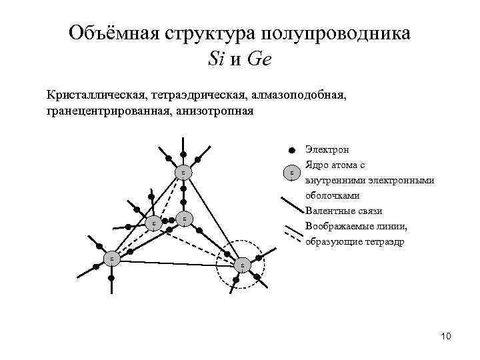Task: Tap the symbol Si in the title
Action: (x=217, y=59)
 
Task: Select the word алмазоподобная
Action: (x=300, y=96)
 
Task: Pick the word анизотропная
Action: (x=215, y=111)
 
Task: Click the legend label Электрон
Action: (x=327, y=149)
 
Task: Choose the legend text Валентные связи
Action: (x=343, y=211)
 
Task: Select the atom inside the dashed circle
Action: (x=242, y=265)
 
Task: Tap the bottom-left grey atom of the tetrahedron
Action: (x=112, y=258)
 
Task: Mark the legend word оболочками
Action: (x=333, y=196)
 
